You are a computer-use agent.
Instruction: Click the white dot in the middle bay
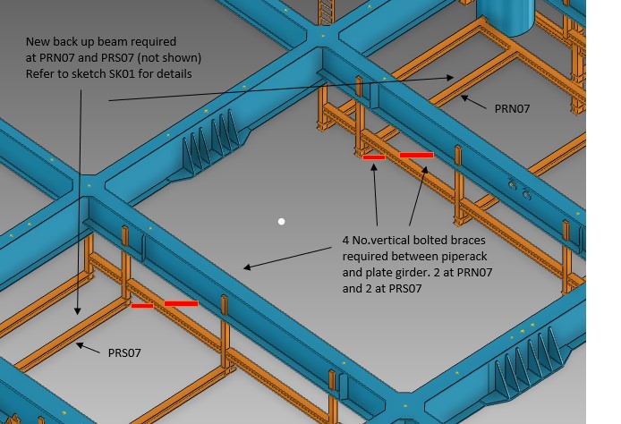point(281,221)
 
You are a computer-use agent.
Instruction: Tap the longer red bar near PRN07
point(416,155)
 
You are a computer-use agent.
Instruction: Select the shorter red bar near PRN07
point(374,157)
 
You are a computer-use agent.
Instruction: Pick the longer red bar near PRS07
point(181,303)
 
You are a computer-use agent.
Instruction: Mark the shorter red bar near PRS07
point(142,306)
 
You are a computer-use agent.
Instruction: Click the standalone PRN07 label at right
point(512,108)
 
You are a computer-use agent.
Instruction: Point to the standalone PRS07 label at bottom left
point(124,352)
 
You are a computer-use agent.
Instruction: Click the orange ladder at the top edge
point(327,12)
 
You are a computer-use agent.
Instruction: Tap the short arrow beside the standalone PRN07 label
point(473,102)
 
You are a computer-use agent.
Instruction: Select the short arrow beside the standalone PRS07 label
point(88,348)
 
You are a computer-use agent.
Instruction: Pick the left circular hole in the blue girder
point(512,184)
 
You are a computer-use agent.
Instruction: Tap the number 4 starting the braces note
point(345,241)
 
